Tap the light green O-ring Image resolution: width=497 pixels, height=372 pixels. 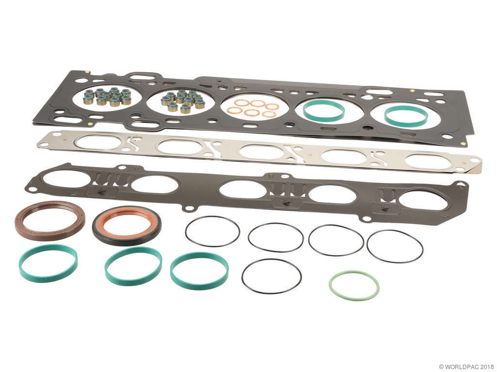354,295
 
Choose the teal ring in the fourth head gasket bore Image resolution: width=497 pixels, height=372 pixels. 324,118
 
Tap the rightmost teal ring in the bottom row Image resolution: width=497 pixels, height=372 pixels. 199,283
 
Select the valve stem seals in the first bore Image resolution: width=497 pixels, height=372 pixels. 107,96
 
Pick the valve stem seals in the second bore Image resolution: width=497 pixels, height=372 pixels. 183,100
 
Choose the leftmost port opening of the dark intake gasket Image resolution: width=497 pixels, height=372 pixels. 66,178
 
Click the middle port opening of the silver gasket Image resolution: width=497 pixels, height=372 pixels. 262,152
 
